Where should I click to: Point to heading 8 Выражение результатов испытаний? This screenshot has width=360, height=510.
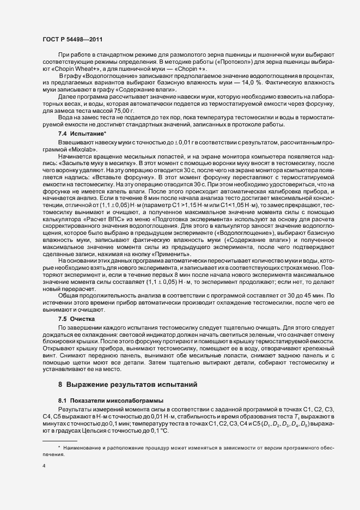127,369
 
